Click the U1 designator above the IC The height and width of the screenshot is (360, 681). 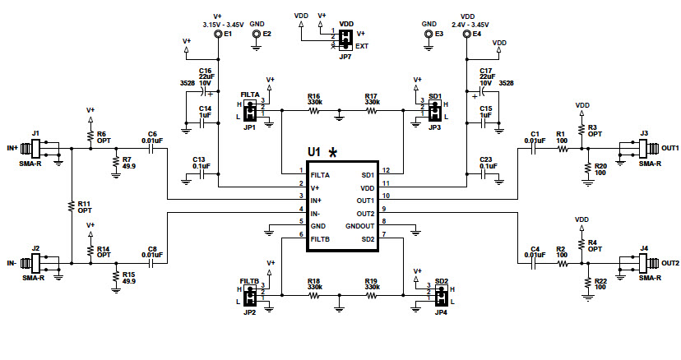pyautogui.click(x=313, y=152)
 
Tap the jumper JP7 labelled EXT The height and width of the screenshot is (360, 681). pyautogui.click(x=346, y=38)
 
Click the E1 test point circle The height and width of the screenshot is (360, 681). pyautogui.click(x=218, y=35)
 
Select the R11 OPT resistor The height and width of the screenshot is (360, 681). pyautogui.click(x=71, y=205)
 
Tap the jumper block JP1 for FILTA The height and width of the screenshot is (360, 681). pyautogui.click(x=249, y=111)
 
